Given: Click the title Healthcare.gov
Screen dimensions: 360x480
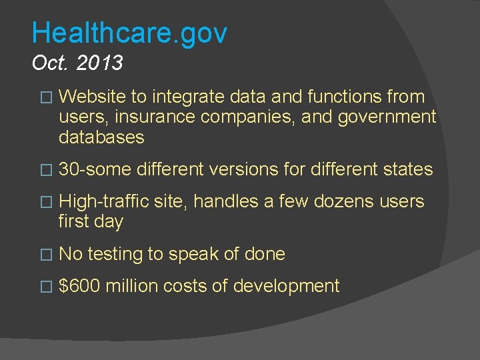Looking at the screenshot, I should click(x=129, y=32).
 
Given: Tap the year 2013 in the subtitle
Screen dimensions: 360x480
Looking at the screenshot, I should click(x=99, y=63).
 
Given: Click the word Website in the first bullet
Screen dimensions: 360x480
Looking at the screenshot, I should click(x=93, y=97).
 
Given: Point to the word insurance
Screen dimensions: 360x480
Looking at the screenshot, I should click(x=155, y=118).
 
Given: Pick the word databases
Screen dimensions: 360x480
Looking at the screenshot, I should click(x=101, y=137).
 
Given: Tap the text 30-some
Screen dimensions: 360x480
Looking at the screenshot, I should click(x=95, y=170).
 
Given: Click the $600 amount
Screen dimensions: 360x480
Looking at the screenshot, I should click(x=79, y=287).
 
